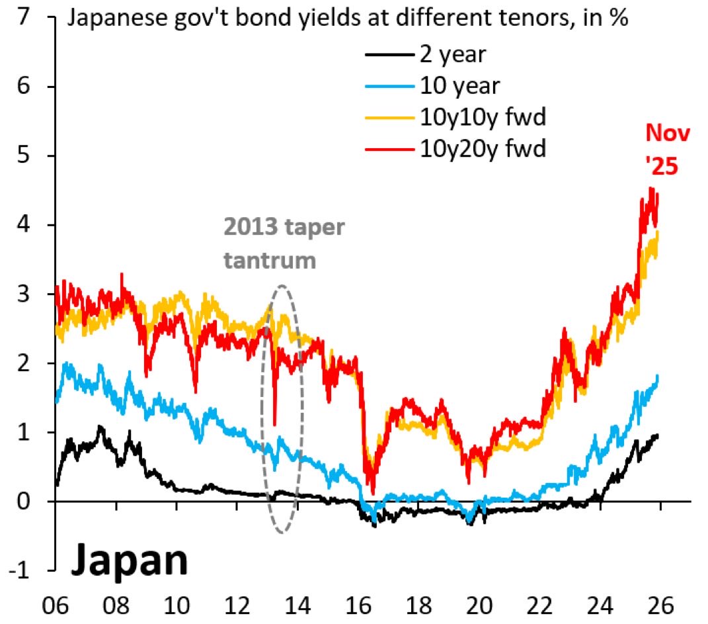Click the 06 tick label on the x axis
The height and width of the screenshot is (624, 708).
56,603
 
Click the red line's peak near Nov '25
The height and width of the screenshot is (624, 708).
651,189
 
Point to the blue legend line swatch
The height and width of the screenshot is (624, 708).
390,87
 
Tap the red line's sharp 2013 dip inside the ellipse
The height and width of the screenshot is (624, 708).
274,424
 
